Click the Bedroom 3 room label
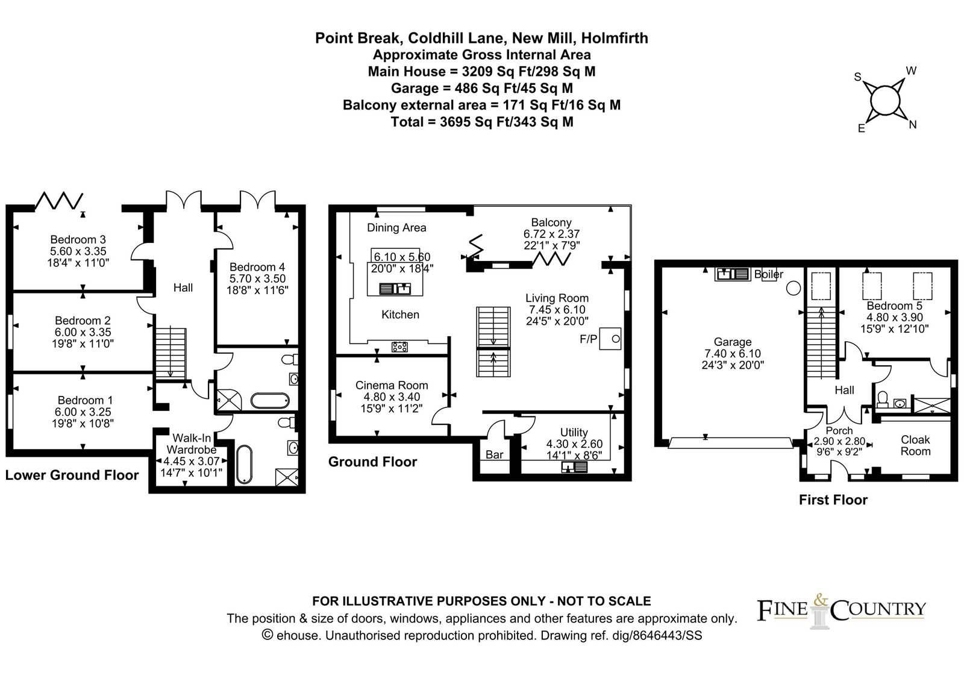coord(78,239)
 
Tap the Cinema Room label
coord(392,385)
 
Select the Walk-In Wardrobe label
coord(192,444)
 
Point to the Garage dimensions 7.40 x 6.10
coord(733,353)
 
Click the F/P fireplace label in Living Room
coord(588,339)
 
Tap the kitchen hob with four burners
coord(399,346)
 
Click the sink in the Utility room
coord(574,467)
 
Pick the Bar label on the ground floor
coord(494,454)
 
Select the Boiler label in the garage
coord(769,274)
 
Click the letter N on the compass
coord(912,125)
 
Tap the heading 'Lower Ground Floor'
coord(72,475)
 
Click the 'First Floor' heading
coord(833,500)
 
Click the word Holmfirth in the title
coord(615,38)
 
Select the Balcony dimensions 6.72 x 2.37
coord(551,234)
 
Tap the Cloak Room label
coord(915,445)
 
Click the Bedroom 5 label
coord(894,306)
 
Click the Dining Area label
coord(396,228)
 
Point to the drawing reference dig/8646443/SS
coord(666,635)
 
